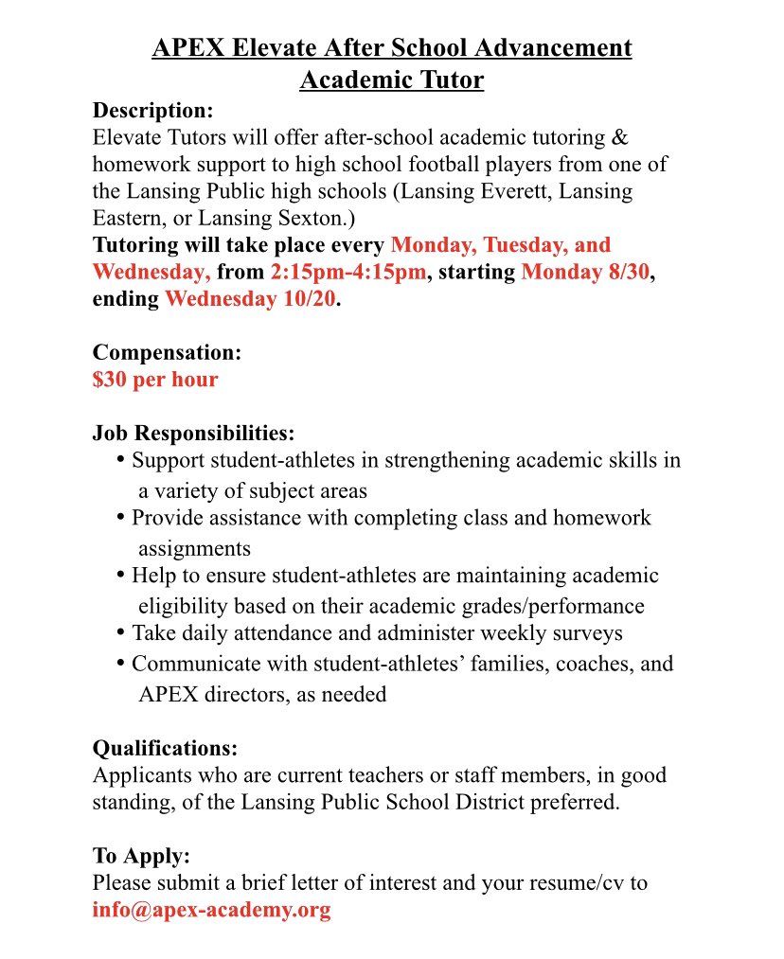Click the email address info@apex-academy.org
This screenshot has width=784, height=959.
point(211,911)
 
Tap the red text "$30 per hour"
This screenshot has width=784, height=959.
point(155,380)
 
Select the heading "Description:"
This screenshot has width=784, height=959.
point(152,109)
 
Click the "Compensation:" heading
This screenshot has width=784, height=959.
point(167,352)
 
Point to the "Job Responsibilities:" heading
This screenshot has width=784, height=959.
point(193,434)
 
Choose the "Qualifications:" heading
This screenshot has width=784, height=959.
point(165,748)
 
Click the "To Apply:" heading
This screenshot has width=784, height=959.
point(141,856)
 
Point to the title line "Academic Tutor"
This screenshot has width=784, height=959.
point(391,80)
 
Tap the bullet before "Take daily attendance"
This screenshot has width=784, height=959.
point(120,631)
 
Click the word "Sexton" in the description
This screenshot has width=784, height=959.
point(307,218)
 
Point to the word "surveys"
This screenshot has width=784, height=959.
point(587,632)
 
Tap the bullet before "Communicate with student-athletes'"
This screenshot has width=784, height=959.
point(120,663)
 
